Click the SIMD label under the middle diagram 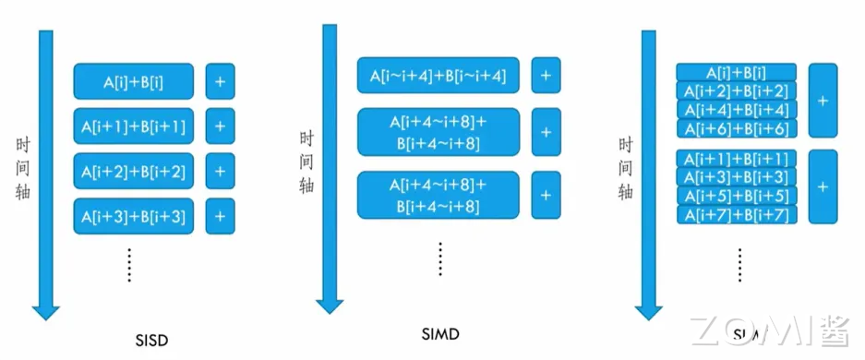(439, 332)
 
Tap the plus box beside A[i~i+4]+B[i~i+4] (546, 76)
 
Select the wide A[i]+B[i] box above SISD (134, 81)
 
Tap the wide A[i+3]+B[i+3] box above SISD (134, 216)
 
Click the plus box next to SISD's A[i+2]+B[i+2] (220, 171)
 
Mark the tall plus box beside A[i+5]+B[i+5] (822, 186)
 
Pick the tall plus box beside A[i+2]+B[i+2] (822, 100)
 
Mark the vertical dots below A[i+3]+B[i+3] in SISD (130, 265)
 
